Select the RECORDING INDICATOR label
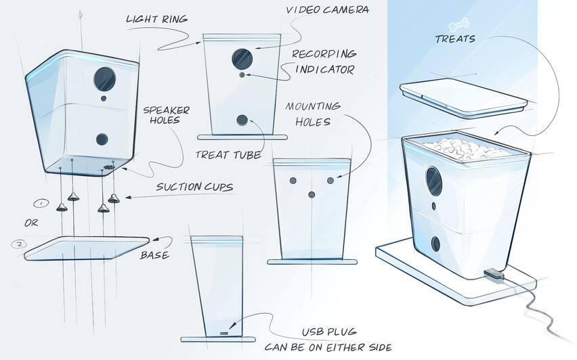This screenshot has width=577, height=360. [x=324, y=62]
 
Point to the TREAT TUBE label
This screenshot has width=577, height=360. [x=228, y=155]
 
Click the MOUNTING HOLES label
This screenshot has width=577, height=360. [x=312, y=114]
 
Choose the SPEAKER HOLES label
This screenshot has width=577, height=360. [x=166, y=115]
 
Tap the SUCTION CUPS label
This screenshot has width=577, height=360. [x=194, y=186]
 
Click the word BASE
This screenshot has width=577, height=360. [x=155, y=256]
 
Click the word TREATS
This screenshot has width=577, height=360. [x=454, y=39]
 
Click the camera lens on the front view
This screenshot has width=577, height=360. [x=240, y=58]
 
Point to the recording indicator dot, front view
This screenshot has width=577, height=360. [x=242, y=76]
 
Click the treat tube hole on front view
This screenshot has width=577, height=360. [x=242, y=120]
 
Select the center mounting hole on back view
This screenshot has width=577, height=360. [x=312, y=194]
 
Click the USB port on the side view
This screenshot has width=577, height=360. [x=225, y=332]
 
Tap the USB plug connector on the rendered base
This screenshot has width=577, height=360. [x=492, y=275]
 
